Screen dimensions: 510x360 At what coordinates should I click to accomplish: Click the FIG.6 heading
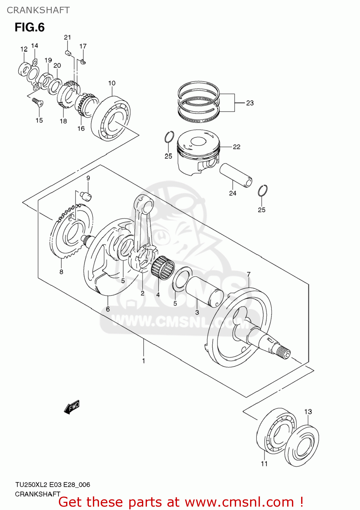pos(30,27)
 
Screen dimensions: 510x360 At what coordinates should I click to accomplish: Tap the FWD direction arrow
pos(72,407)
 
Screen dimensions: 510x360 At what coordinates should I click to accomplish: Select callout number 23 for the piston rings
pos(250,103)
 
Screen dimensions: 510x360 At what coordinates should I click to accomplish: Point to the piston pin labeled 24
pos(236,175)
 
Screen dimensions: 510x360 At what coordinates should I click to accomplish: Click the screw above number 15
pos(37,101)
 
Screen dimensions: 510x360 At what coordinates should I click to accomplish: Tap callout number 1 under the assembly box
pos(144,361)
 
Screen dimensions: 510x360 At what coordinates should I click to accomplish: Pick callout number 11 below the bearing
pos(264,464)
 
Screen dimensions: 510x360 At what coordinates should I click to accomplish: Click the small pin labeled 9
pos(87,196)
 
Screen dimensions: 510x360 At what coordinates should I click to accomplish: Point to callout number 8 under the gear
pos(61,272)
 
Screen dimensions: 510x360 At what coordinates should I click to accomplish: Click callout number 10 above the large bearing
pos(112,83)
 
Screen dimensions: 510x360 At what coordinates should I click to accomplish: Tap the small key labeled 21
pos(67,52)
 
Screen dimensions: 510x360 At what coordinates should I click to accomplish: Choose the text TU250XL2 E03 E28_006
pos(52,485)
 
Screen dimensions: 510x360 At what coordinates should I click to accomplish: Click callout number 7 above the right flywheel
pos(249,274)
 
